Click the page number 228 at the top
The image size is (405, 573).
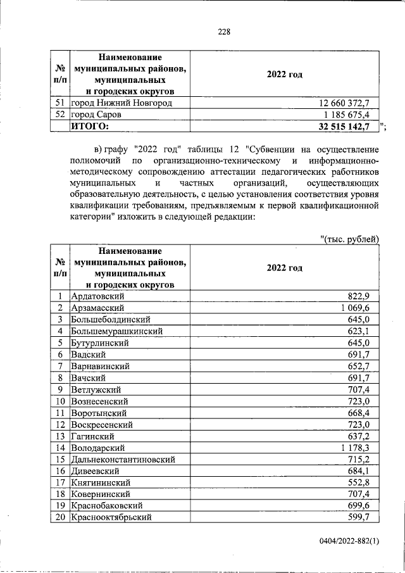[x=224, y=32]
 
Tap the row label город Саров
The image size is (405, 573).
[x=96, y=115]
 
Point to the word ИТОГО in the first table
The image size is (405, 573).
[x=89, y=127]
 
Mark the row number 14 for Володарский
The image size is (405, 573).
[x=59, y=448]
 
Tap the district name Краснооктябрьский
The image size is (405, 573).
[x=111, y=517]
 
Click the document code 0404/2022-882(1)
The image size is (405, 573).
[x=349, y=543]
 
